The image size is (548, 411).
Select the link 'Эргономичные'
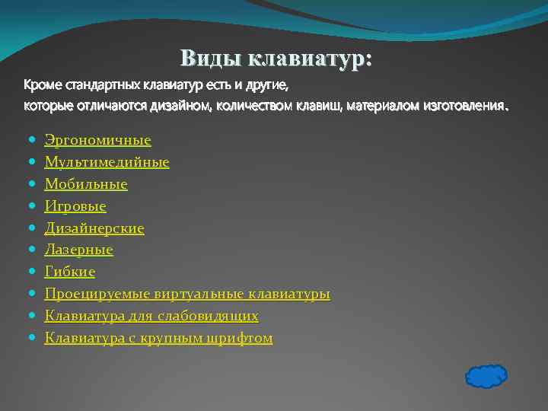(x=97, y=140)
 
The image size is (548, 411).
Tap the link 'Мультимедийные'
(x=107, y=162)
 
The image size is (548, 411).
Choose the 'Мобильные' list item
(x=86, y=184)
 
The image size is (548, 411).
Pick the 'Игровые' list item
(x=75, y=206)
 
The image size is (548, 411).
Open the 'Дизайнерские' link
(x=94, y=228)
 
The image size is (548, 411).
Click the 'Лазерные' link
(x=78, y=250)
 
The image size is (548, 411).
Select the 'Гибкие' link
(x=70, y=272)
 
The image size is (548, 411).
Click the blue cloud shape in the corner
(x=485, y=375)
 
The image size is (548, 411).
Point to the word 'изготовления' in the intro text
(x=462, y=106)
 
